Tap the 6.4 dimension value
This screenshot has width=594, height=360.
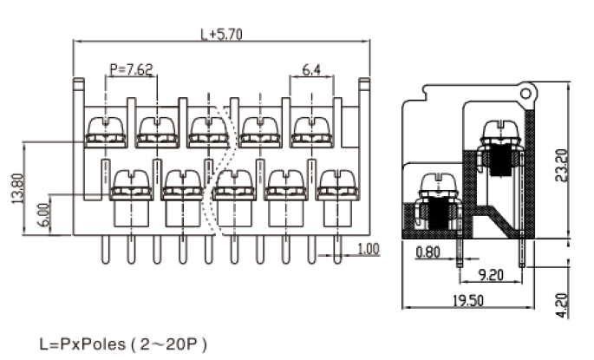(x=312, y=69)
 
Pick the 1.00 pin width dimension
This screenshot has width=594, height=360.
(x=368, y=249)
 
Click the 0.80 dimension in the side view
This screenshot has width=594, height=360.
(x=428, y=255)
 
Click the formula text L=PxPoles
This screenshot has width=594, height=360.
(x=82, y=344)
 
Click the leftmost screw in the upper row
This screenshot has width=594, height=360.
(x=106, y=133)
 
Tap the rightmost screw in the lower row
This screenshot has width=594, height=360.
(x=337, y=185)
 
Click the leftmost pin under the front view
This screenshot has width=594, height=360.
(x=106, y=249)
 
